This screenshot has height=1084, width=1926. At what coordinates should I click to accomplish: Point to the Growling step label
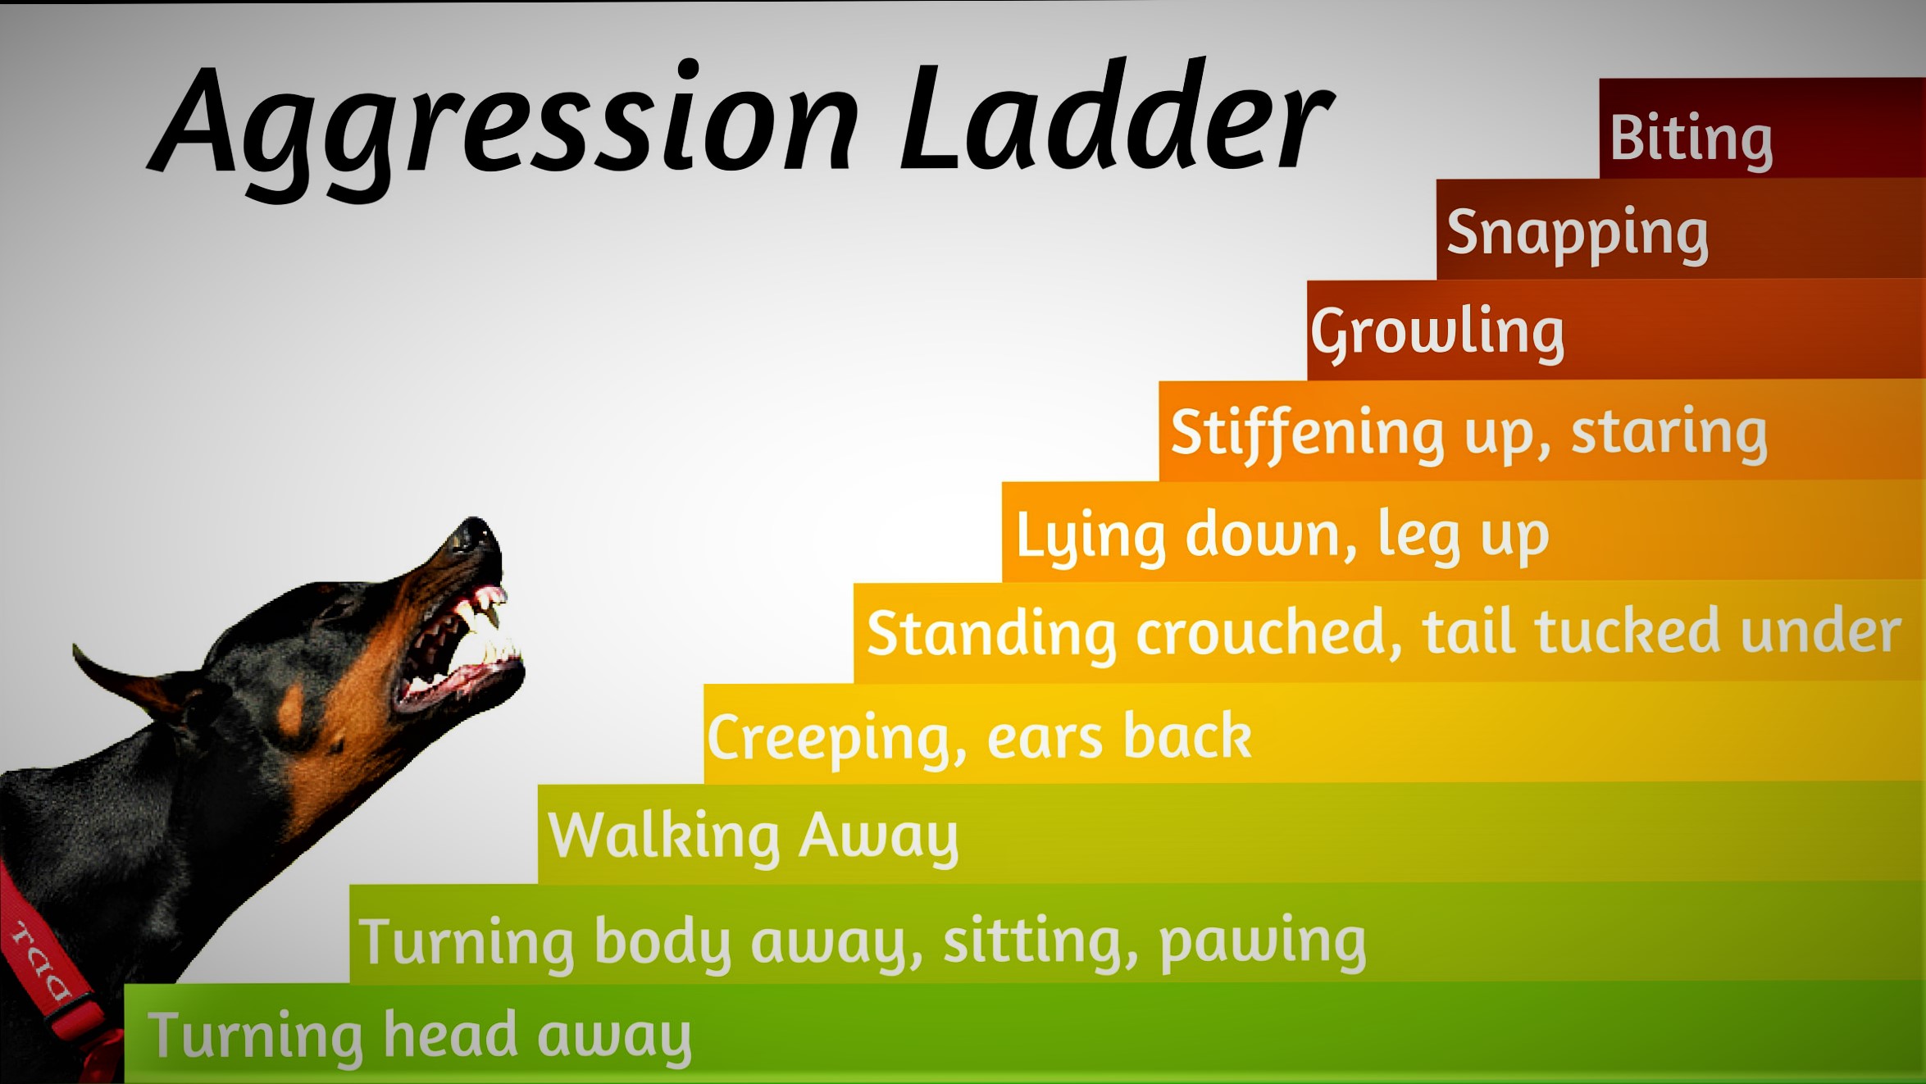tap(1437, 332)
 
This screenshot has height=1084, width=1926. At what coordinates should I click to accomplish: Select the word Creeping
tap(836, 738)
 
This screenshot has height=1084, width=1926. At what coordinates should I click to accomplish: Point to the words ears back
tap(1119, 736)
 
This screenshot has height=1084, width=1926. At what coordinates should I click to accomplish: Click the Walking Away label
tap(753, 836)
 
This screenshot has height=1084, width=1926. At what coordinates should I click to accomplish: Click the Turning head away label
tap(419, 1036)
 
